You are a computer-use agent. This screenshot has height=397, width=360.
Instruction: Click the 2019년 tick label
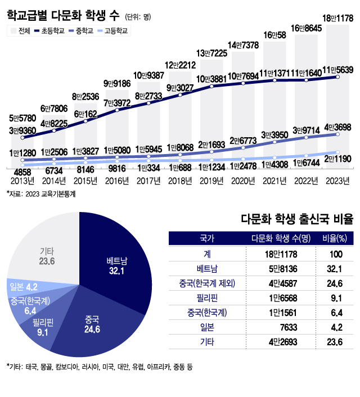(x=211, y=180)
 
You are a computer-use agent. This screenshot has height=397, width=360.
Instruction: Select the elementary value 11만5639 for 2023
(x=337, y=70)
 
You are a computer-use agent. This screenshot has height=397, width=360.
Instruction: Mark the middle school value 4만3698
(x=337, y=128)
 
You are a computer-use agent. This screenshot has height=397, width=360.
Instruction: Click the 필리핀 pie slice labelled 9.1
(x=43, y=326)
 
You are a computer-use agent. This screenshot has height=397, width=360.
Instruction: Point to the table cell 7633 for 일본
(x=281, y=327)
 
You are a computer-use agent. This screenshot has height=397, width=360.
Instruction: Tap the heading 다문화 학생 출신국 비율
(x=296, y=219)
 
